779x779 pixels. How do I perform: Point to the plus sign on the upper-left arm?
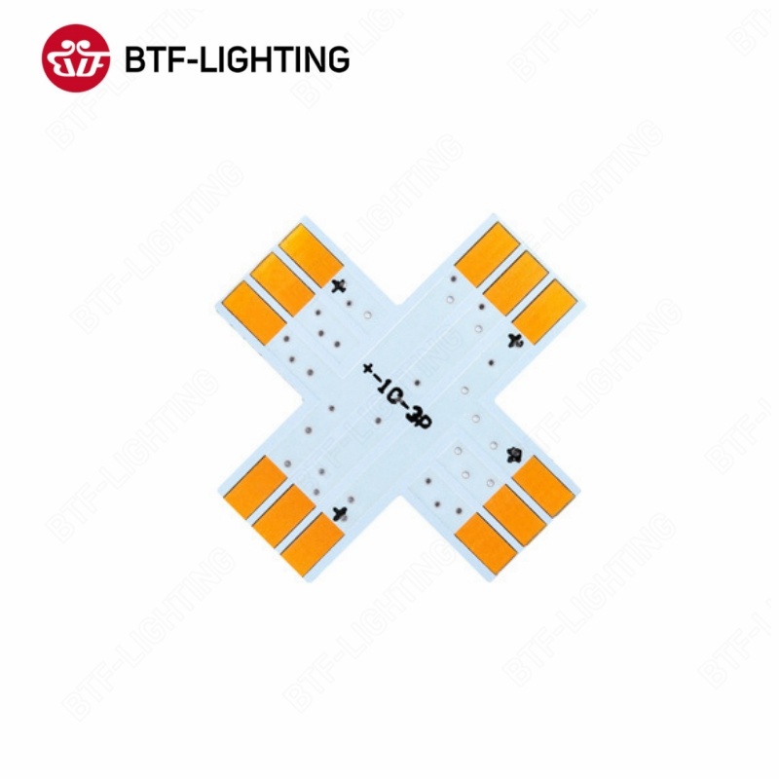[x=339, y=285]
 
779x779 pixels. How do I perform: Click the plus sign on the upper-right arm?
[x=516, y=339]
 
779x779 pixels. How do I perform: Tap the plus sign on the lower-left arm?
[x=340, y=513]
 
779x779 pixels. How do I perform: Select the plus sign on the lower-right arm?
[x=514, y=455]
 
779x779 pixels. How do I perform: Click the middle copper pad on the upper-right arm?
[x=513, y=279]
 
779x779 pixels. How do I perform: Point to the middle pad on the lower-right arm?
[x=513, y=514]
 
